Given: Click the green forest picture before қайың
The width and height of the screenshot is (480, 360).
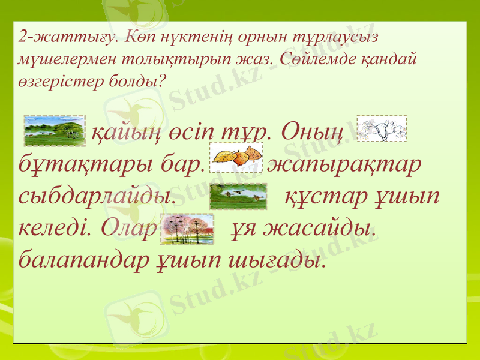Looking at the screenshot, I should tap(55, 131).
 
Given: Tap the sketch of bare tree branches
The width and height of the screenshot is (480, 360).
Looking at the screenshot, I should tap(382, 129).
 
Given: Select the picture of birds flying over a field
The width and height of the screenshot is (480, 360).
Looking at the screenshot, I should tap(238, 196).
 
